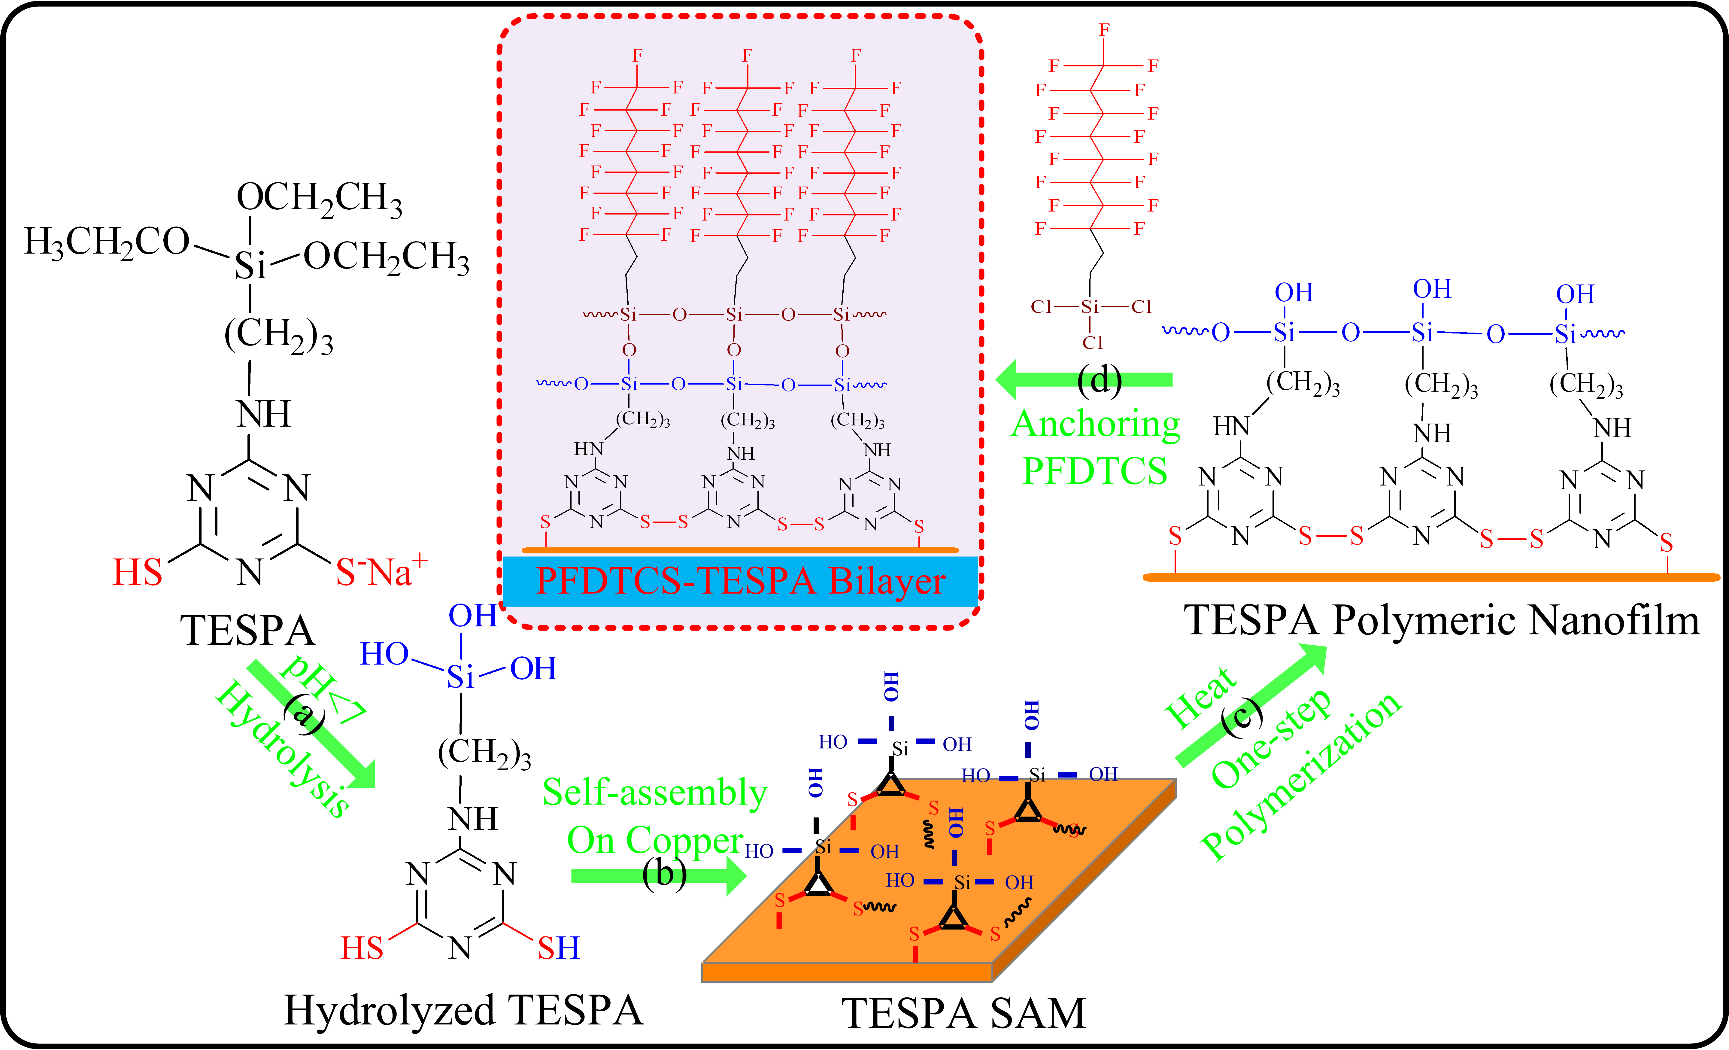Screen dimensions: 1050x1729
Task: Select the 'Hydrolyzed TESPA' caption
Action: point(463,1011)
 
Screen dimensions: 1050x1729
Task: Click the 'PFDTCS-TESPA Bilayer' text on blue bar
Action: point(740,581)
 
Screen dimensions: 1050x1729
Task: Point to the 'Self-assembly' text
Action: point(655,793)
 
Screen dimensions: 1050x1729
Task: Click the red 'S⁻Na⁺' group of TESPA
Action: point(381,572)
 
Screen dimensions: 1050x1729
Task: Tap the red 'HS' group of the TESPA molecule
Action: point(138,572)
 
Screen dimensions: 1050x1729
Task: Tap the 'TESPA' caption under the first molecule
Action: point(248,630)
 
